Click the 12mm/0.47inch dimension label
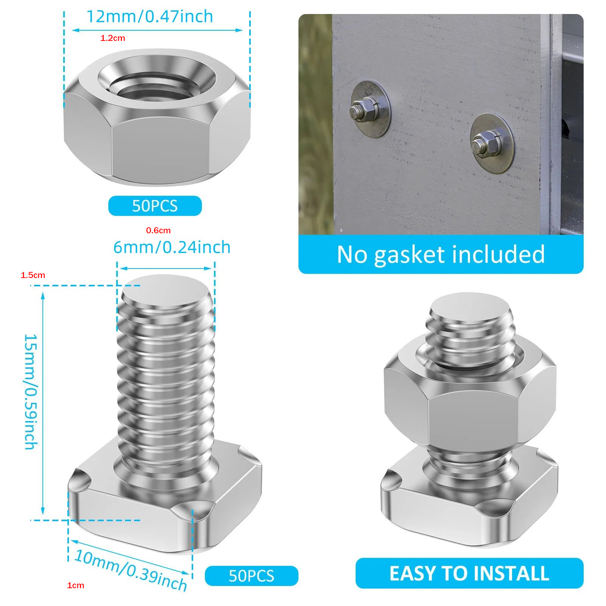click(150, 17)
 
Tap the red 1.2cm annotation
click(112, 38)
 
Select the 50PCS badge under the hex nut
click(155, 206)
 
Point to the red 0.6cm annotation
click(158, 230)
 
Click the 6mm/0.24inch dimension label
click(172, 247)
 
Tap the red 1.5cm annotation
click(33, 275)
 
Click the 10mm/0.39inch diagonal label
click(131, 570)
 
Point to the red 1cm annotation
click(75, 585)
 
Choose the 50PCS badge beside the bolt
click(251, 576)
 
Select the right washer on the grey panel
click(492, 143)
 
